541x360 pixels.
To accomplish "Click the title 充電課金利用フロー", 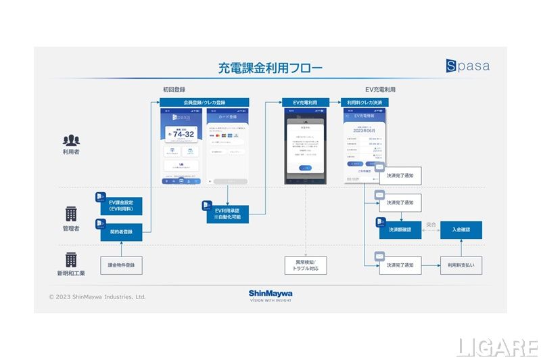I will pos(270,68).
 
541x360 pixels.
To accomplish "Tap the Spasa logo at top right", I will pos(467,66).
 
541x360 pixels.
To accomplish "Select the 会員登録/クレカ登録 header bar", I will pos(204,102).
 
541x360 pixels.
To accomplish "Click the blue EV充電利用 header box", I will pos(306,102).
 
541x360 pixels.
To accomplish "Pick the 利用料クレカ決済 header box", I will pos(364,102).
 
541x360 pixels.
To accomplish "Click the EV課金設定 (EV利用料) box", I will pos(122,205).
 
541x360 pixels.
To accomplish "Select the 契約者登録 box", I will pos(122,232).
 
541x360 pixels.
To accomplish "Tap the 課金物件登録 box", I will pos(122,265).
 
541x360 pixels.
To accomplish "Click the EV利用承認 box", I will pos(227,215).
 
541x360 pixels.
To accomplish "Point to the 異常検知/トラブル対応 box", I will pos(306,265).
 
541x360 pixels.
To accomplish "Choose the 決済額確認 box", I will pos(400,230).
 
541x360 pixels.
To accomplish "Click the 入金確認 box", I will pos(461,230).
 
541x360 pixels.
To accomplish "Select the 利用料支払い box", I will pos(461,265).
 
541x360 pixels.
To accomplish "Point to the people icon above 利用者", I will pos(71,141).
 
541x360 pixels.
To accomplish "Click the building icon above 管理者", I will pos(71,214).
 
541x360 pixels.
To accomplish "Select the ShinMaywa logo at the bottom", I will pos(270,295).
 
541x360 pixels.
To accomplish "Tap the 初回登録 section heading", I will pos(174,89).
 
